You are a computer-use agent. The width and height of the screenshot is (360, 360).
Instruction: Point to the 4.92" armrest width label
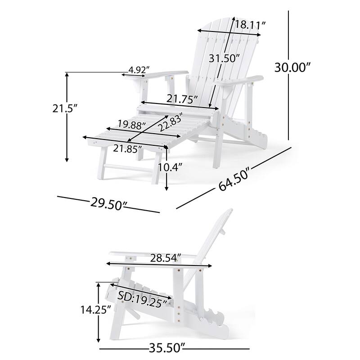click(139, 70)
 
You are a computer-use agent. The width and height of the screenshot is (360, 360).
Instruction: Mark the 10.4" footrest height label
click(170, 167)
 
